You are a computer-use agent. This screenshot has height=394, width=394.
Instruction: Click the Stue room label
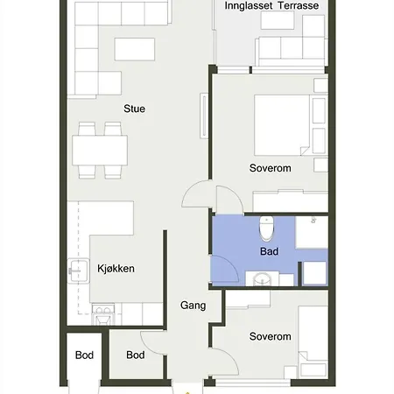(x=134, y=109)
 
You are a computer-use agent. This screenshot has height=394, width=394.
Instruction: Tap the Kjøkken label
(x=116, y=269)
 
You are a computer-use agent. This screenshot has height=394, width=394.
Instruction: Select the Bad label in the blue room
(x=269, y=251)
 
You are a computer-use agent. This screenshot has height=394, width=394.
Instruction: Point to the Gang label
(x=193, y=306)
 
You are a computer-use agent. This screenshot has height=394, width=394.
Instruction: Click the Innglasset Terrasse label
(x=271, y=5)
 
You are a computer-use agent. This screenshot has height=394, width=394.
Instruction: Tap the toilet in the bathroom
(x=266, y=229)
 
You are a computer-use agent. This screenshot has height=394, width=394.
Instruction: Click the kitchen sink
(x=78, y=271)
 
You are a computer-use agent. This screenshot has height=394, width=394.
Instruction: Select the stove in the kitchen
(x=102, y=314)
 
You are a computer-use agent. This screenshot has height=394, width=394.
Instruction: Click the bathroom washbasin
(x=262, y=279)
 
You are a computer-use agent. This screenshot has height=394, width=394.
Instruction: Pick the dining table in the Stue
(x=100, y=151)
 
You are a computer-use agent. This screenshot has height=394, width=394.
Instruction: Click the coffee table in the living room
(x=135, y=49)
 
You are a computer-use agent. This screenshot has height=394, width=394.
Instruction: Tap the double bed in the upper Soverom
(x=282, y=125)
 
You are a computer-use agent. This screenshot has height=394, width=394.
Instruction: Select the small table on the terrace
(x=278, y=20)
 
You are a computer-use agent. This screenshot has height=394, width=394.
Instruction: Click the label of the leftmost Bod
(x=84, y=355)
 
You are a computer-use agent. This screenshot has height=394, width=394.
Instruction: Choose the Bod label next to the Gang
(x=136, y=355)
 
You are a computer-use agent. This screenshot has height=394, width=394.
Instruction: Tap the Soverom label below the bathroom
(x=270, y=336)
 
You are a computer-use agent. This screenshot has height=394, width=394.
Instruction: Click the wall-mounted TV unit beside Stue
(x=204, y=116)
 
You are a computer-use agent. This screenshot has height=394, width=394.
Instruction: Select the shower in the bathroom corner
(x=312, y=232)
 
